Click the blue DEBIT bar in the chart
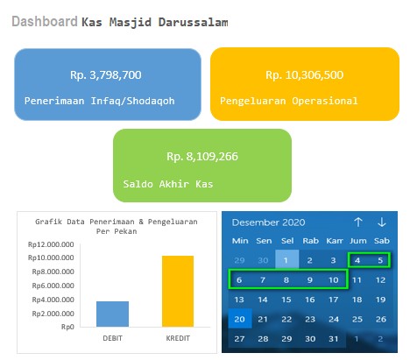(112, 314)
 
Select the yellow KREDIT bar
(178, 291)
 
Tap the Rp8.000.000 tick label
(53, 272)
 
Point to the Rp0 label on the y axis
(67, 327)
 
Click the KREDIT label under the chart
(178, 338)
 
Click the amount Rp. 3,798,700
(106, 75)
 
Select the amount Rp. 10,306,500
(305, 75)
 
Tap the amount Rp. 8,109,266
(202, 157)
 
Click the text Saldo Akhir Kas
(168, 184)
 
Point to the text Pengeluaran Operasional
(289, 101)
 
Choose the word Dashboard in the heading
(45, 22)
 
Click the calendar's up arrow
(358, 222)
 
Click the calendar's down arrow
(382, 222)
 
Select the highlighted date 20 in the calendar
(239, 319)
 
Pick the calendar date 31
(334, 339)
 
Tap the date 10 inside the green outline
(334, 280)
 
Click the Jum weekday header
(358, 241)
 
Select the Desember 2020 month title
(268, 222)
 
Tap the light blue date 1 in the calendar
(287, 259)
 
